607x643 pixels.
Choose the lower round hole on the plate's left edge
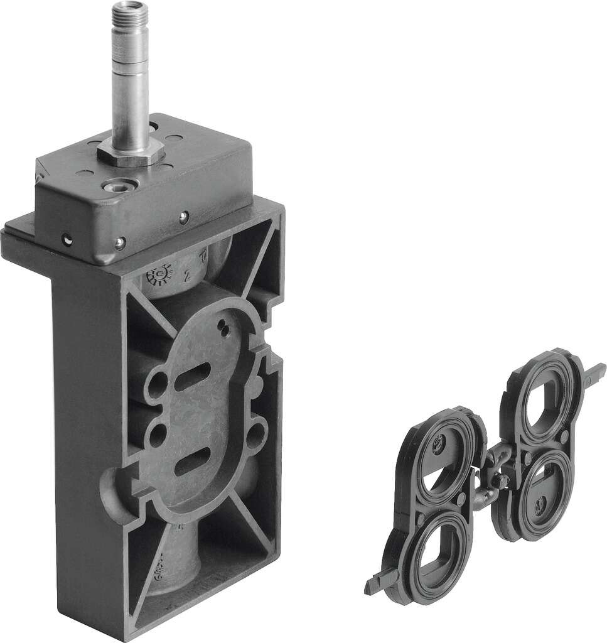point(158,433)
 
